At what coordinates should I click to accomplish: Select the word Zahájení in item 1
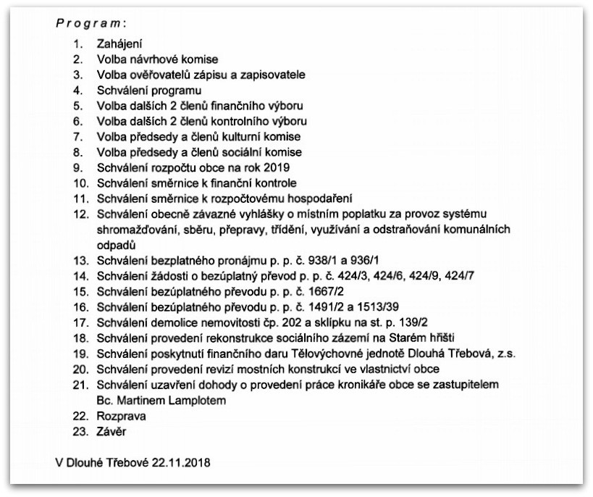coord(118,43)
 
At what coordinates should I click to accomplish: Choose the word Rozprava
coord(121,417)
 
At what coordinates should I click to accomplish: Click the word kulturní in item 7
coord(246,136)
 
